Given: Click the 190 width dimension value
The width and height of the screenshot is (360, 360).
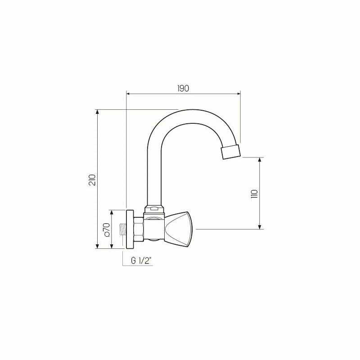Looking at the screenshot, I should [x=183, y=88].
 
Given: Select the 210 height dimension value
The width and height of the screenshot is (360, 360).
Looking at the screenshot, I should [x=92, y=179].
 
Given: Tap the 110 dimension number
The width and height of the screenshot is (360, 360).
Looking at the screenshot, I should [x=254, y=193].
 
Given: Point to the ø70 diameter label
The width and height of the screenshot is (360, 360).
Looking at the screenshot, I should [x=107, y=229].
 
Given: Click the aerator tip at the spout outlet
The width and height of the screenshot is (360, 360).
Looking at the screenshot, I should [x=231, y=152].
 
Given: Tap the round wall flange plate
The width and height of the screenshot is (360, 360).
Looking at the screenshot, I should [x=130, y=229].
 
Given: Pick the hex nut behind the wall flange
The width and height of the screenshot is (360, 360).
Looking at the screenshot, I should [x=138, y=229].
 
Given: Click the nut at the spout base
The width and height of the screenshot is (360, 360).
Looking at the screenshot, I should [x=153, y=209].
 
